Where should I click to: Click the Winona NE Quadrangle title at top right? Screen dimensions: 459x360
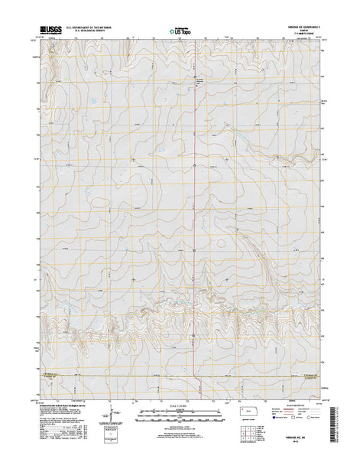302,27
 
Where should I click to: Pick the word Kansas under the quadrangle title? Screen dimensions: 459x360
302,31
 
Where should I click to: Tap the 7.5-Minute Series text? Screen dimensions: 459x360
302,36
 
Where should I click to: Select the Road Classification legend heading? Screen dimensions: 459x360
306,404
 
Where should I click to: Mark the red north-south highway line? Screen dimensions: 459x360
193,191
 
